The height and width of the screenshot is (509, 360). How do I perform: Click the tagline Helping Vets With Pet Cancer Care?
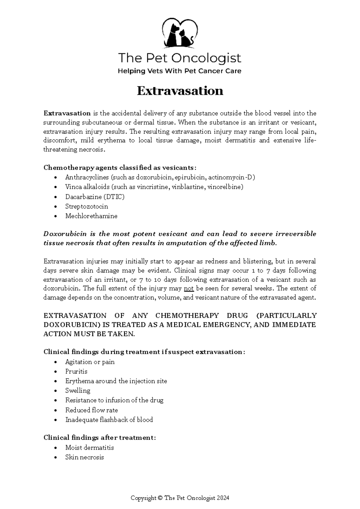click(x=179, y=71)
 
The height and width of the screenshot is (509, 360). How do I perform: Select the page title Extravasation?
click(x=180, y=91)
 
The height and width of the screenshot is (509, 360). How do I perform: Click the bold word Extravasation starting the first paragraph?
click(x=67, y=113)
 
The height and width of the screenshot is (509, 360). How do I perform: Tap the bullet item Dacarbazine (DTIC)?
click(x=95, y=197)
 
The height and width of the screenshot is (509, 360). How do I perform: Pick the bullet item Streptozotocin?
click(x=87, y=206)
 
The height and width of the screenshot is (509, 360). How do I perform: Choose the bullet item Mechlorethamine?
click(x=91, y=216)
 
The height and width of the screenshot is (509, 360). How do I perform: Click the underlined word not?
click(x=189, y=289)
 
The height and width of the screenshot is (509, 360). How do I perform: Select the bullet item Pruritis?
click(x=76, y=372)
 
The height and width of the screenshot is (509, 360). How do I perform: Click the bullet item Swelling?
click(x=78, y=391)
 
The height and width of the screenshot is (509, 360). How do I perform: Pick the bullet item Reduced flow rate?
click(x=91, y=410)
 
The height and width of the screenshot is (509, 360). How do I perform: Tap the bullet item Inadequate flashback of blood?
click(x=109, y=420)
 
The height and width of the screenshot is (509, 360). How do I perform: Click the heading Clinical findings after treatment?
click(x=100, y=438)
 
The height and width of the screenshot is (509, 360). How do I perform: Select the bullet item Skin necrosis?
click(x=85, y=457)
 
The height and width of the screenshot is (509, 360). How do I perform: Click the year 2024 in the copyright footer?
click(x=223, y=498)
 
